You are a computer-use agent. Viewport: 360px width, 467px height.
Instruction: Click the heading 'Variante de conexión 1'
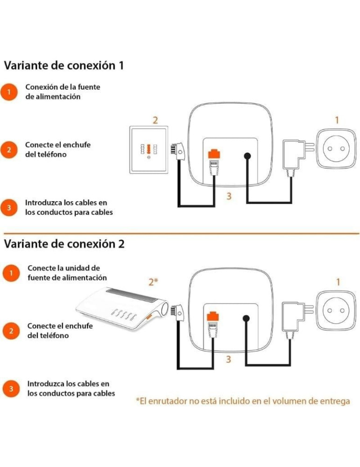pyautogui.click(x=64, y=65)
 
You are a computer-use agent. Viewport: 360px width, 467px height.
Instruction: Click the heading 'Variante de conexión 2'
pyautogui.click(x=64, y=244)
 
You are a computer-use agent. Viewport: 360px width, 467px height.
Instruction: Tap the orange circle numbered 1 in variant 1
pyautogui.click(x=9, y=92)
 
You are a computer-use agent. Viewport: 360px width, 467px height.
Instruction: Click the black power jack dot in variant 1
pyautogui.click(x=247, y=157)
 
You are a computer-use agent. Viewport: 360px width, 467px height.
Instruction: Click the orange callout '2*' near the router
pyautogui.click(x=154, y=282)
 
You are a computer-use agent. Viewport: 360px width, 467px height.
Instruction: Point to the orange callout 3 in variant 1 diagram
pyautogui.click(x=229, y=196)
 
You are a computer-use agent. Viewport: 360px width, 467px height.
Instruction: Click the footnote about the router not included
pyautogui.click(x=243, y=401)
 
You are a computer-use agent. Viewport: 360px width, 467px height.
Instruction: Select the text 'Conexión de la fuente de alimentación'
pyautogui.click(x=63, y=92)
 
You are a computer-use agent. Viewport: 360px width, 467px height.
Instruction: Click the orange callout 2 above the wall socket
pyautogui.click(x=155, y=120)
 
